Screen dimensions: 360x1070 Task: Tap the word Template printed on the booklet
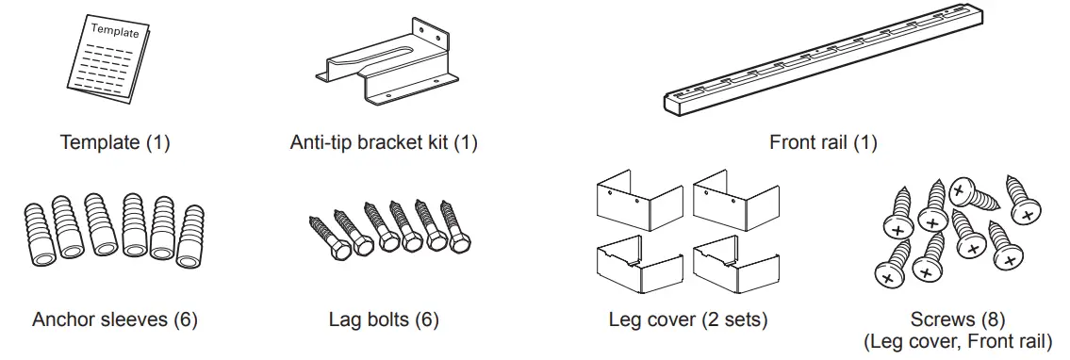115,31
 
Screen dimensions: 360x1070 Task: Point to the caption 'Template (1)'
115,143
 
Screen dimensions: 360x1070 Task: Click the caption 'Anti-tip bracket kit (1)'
385,143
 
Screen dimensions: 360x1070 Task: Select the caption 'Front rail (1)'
823,143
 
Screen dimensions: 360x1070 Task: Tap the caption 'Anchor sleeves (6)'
115,319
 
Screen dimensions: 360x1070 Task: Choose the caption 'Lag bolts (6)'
384,319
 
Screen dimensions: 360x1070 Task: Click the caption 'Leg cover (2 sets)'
688,319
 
